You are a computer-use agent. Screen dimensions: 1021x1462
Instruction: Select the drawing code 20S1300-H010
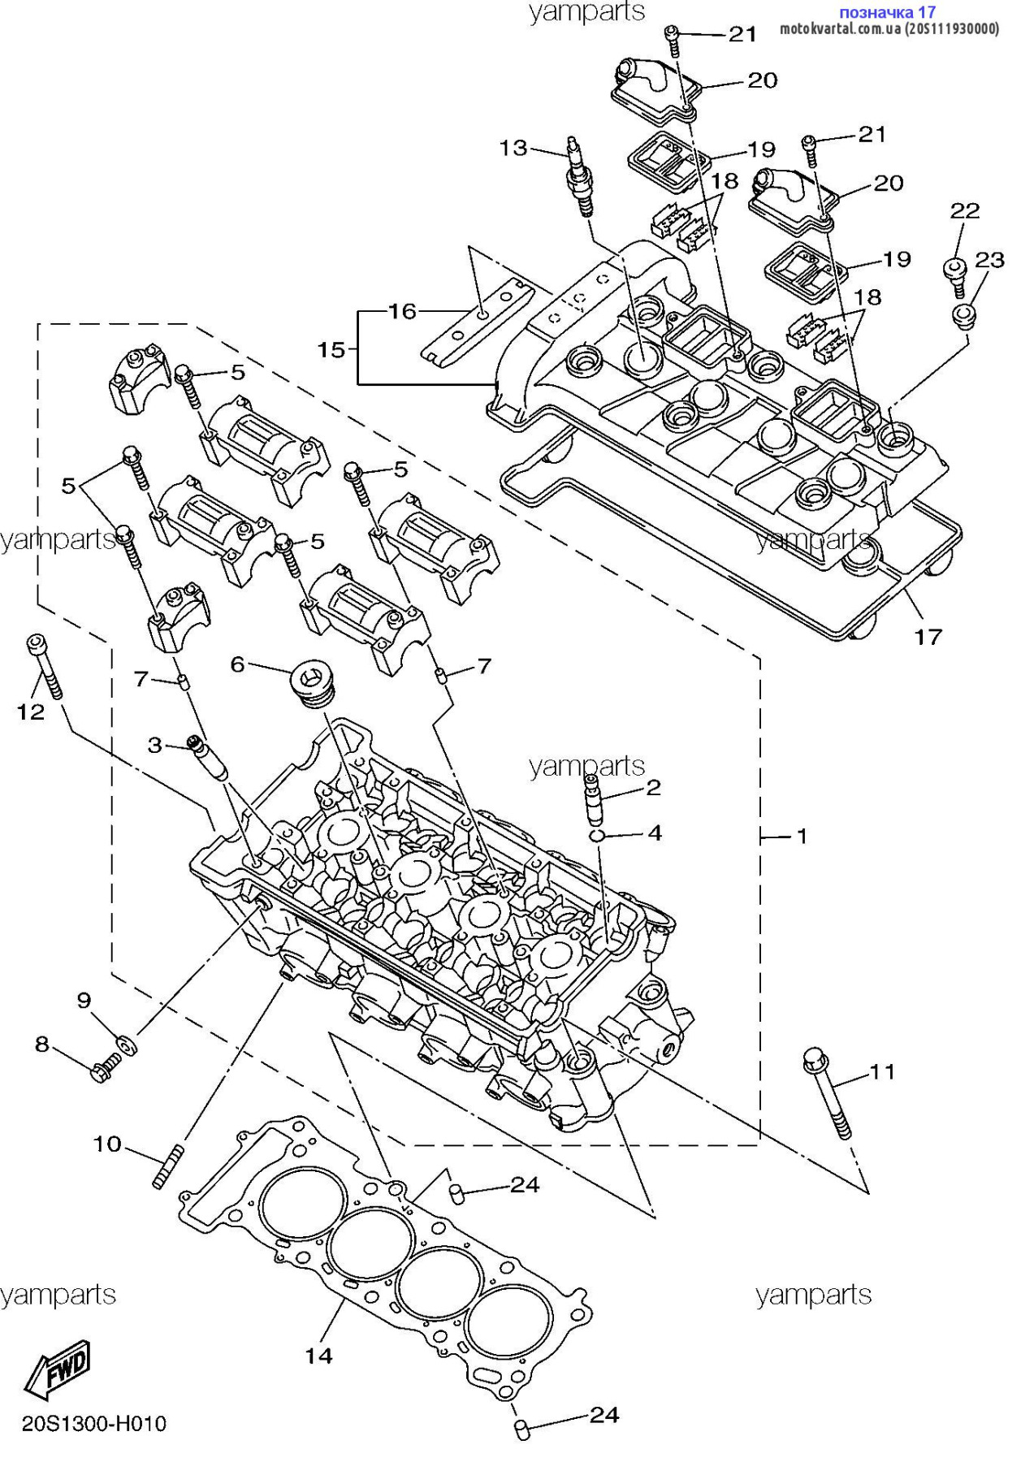pos(94,1423)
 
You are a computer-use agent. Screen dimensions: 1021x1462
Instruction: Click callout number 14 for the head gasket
pos(319,1355)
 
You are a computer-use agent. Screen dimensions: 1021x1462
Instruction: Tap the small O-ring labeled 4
pos(597,836)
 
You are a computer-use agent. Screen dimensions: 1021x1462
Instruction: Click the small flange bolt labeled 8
pos(104,1066)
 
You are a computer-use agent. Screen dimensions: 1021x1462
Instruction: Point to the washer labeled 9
pos(128,1042)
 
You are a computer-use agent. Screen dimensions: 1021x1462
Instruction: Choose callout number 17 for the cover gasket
pos(928,637)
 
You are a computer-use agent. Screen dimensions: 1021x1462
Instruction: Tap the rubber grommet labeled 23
pos(963,317)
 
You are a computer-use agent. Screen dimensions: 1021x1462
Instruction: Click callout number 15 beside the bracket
pos(331,350)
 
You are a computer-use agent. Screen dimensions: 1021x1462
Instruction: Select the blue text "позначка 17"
pos(887,12)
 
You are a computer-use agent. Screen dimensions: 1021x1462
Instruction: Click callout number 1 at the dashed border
pos(802,836)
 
